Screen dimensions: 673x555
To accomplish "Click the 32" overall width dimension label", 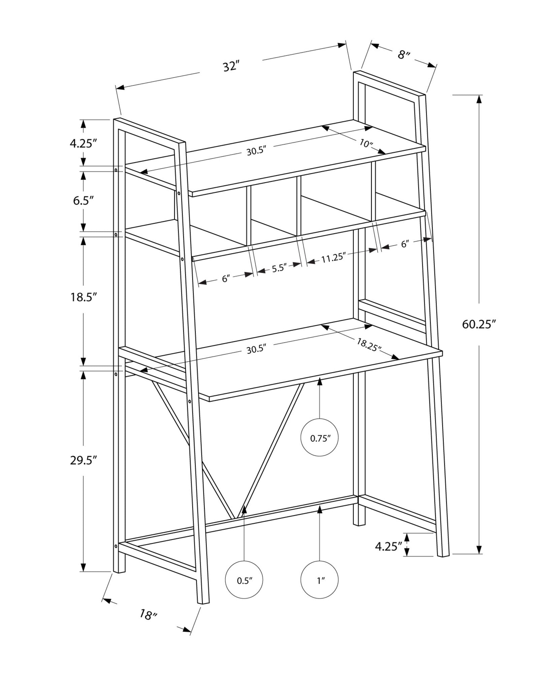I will (231, 66).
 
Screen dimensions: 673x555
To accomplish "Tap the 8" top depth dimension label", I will (404, 55).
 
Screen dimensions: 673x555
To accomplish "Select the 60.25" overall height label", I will (479, 324).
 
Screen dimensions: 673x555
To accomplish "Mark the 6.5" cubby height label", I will (83, 201).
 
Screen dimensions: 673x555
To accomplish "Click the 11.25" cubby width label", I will (333, 258).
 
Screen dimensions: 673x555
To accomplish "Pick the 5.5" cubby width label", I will (279, 269).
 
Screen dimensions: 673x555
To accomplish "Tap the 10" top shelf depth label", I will (366, 144).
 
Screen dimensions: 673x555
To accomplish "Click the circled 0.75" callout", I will (319, 438).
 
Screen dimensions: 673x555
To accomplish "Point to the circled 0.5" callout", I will (244, 580).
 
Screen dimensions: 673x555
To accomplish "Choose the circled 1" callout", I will (320, 580).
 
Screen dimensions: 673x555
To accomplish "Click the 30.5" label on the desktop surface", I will (256, 350).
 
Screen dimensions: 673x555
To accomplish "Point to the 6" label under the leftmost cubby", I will (226, 279).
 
